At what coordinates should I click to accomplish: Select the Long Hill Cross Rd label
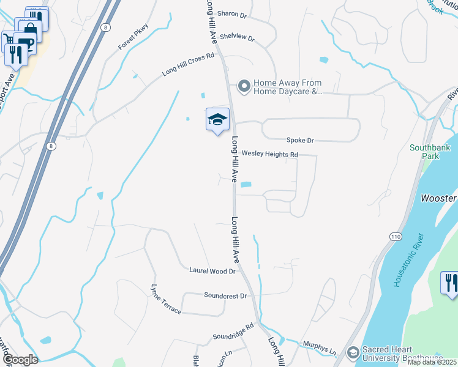(x=188, y=64)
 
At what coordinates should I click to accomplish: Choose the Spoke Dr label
(x=300, y=141)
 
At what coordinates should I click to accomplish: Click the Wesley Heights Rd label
(x=269, y=154)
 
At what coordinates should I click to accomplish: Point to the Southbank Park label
(x=430, y=152)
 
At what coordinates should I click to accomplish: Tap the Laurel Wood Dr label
(x=212, y=270)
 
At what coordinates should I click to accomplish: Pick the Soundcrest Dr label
(x=225, y=295)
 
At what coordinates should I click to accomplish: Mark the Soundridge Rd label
(x=233, y=332)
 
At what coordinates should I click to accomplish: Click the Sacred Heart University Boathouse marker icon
(x=352, y=353)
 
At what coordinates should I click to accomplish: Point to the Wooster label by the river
(x=438, y=198)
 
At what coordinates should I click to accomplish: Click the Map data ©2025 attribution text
(x=432, y=362)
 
